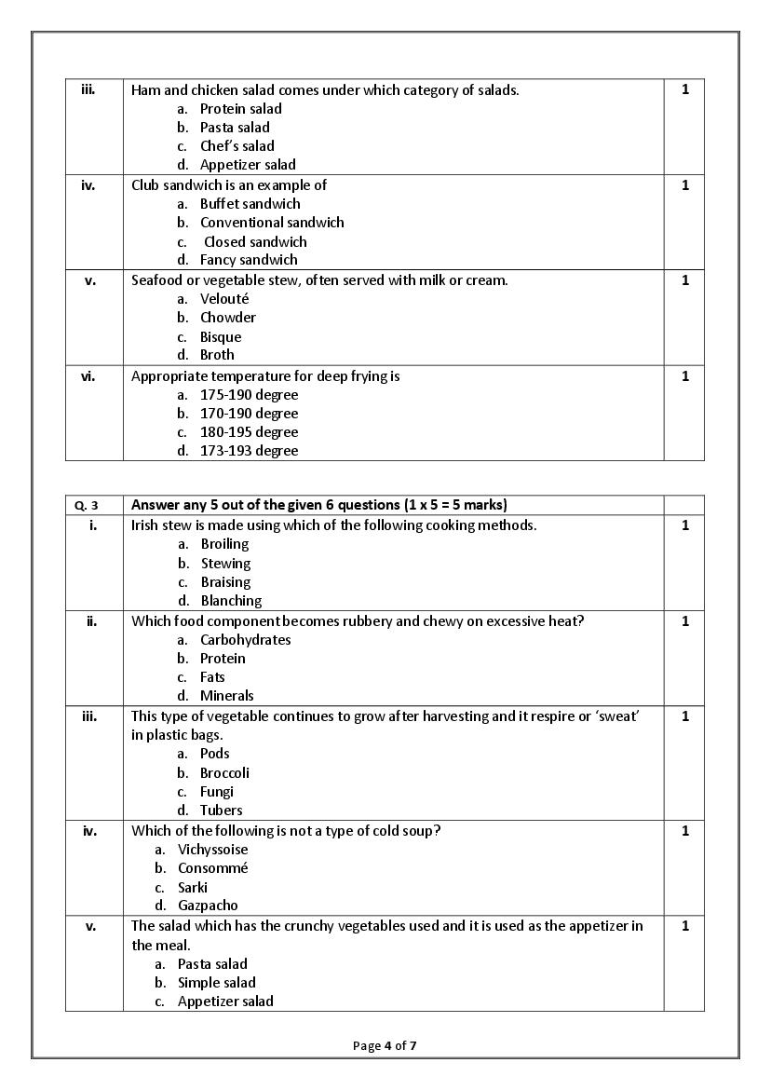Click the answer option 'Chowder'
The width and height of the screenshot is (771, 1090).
pyautogui.click(x=227, y=318)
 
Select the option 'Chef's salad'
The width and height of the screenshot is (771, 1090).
pyautogui.click(x=237, y=146)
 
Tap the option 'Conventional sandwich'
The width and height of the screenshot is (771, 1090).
pyautogui.click(x=271, y=223)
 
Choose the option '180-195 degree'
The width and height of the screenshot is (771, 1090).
pyautogui.click(x=249, y=432)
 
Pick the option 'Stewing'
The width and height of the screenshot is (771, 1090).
pyautogui.click(x=225, y=564)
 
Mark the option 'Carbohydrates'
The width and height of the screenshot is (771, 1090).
pyautogui.click(x=245, y=640)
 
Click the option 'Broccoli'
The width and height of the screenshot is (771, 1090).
pyautogui.click(x=224, y=773)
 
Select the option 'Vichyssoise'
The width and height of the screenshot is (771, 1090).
pyautogui.click(x=212, y=850)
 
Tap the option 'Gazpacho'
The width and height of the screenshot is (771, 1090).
pyautogui.click(x=208, y=906)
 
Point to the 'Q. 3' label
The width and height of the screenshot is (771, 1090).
pyautogui.click(x=86, y=506)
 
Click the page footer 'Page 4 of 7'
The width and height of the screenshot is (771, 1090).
pyautogui.click(x=385, y=1046)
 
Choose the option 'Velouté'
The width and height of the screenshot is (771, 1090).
pyautogui.click(x=224, y=299)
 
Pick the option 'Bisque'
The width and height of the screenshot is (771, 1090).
pyautogui.click(x=220, y=337)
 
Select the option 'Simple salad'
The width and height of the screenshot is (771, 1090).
pyautogui.click(x=216, y=983)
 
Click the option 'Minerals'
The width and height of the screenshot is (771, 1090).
pyautogui.click(x=226, y=696)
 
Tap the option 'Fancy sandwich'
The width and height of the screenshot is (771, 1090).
pyautogui.click(x=249, y=260)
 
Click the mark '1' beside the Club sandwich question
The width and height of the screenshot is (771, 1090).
pyautogui.click(x=685, y=185)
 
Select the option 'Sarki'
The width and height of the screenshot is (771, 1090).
pyautogui.click(x=193, y=888)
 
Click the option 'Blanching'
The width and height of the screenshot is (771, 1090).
pyautogui.click(x=231, y=601)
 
